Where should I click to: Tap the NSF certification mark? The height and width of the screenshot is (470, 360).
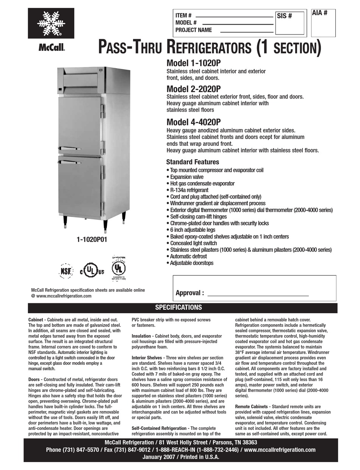[65, 271]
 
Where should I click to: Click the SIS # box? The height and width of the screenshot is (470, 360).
[290, 23]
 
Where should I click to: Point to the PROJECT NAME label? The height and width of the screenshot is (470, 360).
[194, 30]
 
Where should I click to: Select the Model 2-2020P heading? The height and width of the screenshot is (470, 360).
[193, 89]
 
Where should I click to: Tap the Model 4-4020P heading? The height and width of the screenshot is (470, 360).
[193, 122]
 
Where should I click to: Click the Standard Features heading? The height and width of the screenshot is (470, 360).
[193, 162]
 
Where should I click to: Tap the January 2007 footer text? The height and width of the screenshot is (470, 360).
[181, 457]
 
